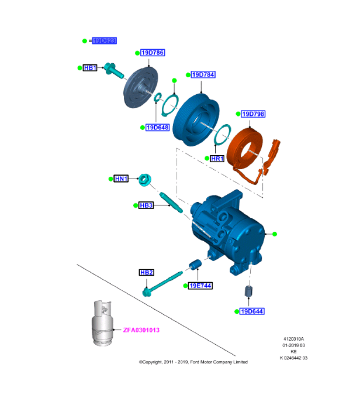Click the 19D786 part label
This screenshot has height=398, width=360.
153,53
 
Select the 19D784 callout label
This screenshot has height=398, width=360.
203,75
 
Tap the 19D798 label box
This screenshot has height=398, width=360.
253,114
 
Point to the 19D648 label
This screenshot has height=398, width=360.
158,128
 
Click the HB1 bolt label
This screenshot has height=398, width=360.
90,68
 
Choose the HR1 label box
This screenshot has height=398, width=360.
218,158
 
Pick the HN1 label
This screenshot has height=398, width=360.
121,179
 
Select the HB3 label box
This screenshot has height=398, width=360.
146,205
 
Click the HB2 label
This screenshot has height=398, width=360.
146,273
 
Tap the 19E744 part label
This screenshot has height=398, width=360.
200,286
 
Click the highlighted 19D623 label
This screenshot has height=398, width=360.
104,41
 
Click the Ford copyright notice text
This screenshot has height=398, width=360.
193,362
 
